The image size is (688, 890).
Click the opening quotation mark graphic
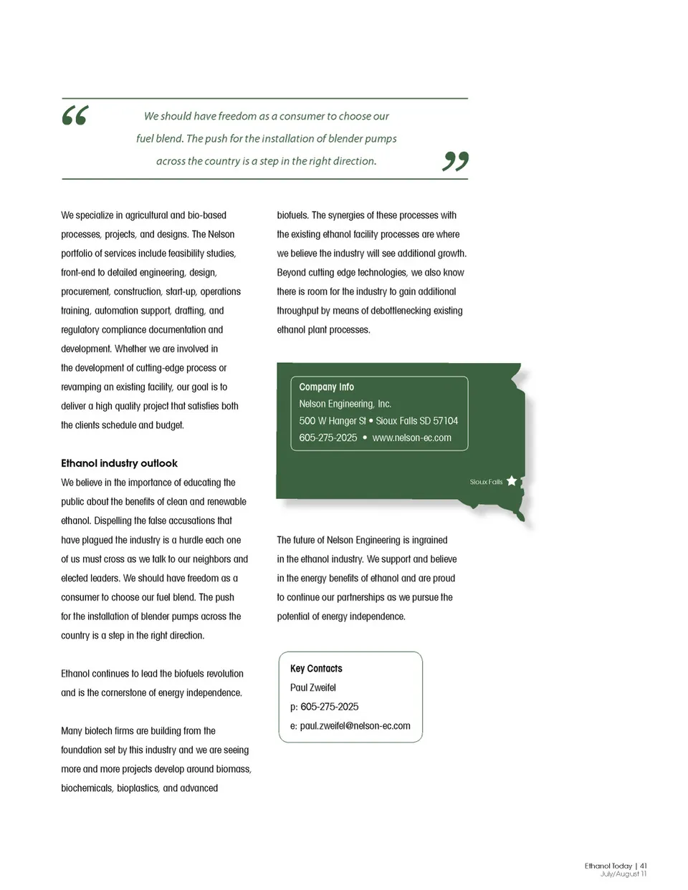(x=75, y=115)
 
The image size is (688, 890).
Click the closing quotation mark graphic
(x=455, y=161)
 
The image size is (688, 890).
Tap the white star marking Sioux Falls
(x=512, y=480)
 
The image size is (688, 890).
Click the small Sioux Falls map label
(x=486, y=482)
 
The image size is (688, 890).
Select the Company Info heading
(x=326, y=387)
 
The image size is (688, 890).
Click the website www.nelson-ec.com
(x=411, y=437)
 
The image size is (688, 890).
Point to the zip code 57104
(x=445, y=421)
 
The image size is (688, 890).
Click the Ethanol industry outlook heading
(x=119, y=463)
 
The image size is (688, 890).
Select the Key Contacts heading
(x=316, y=668)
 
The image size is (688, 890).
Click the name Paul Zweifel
(x=312, y=687)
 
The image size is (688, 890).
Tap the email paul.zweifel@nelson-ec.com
(x=355, y=725)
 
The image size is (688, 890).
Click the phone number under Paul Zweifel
(x=329, y=707)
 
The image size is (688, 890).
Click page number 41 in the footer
(x=644, y=866)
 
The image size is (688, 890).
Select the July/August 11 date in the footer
(x=623, y=874)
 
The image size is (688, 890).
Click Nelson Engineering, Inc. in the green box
(x=345, y=404)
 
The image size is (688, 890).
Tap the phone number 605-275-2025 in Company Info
(x=328, y=437)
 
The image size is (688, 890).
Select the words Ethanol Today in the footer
(x=608, y=866)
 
